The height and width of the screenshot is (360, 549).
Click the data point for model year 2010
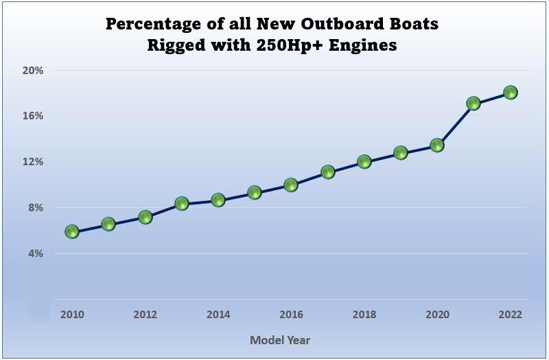tap(72, 232)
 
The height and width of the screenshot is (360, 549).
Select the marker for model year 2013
tap(182, 204)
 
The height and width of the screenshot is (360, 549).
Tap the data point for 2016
tap(291, 185)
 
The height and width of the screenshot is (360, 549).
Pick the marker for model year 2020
tap(437, 145)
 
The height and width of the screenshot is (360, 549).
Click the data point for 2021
tap(473, 104)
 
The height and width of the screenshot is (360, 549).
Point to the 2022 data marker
tap(510, 93)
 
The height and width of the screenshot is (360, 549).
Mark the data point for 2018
tap(364, 163)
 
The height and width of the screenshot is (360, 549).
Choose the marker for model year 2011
tap(108, 224)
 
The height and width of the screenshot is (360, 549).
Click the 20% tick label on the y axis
tap(34, 70)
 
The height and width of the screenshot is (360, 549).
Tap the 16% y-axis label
tap(34, 116)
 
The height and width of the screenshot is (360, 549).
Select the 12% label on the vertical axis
tap(34, 162)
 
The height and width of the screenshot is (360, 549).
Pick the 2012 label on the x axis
tap(145, 315)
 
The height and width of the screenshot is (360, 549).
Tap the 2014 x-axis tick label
tap(218, 315)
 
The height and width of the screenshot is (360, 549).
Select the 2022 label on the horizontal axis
tap(510, 315)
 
